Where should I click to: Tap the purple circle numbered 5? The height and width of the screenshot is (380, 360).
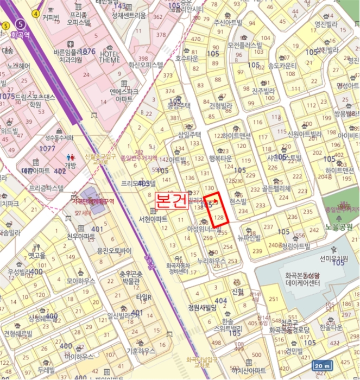coord(21,24)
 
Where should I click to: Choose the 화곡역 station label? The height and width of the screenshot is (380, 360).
coord(21,34)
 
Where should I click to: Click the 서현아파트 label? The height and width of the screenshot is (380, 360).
coord(153,219)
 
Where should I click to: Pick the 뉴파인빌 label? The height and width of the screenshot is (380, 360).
coord(250,237)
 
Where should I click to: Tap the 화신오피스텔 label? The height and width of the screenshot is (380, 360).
coord(146,65)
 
